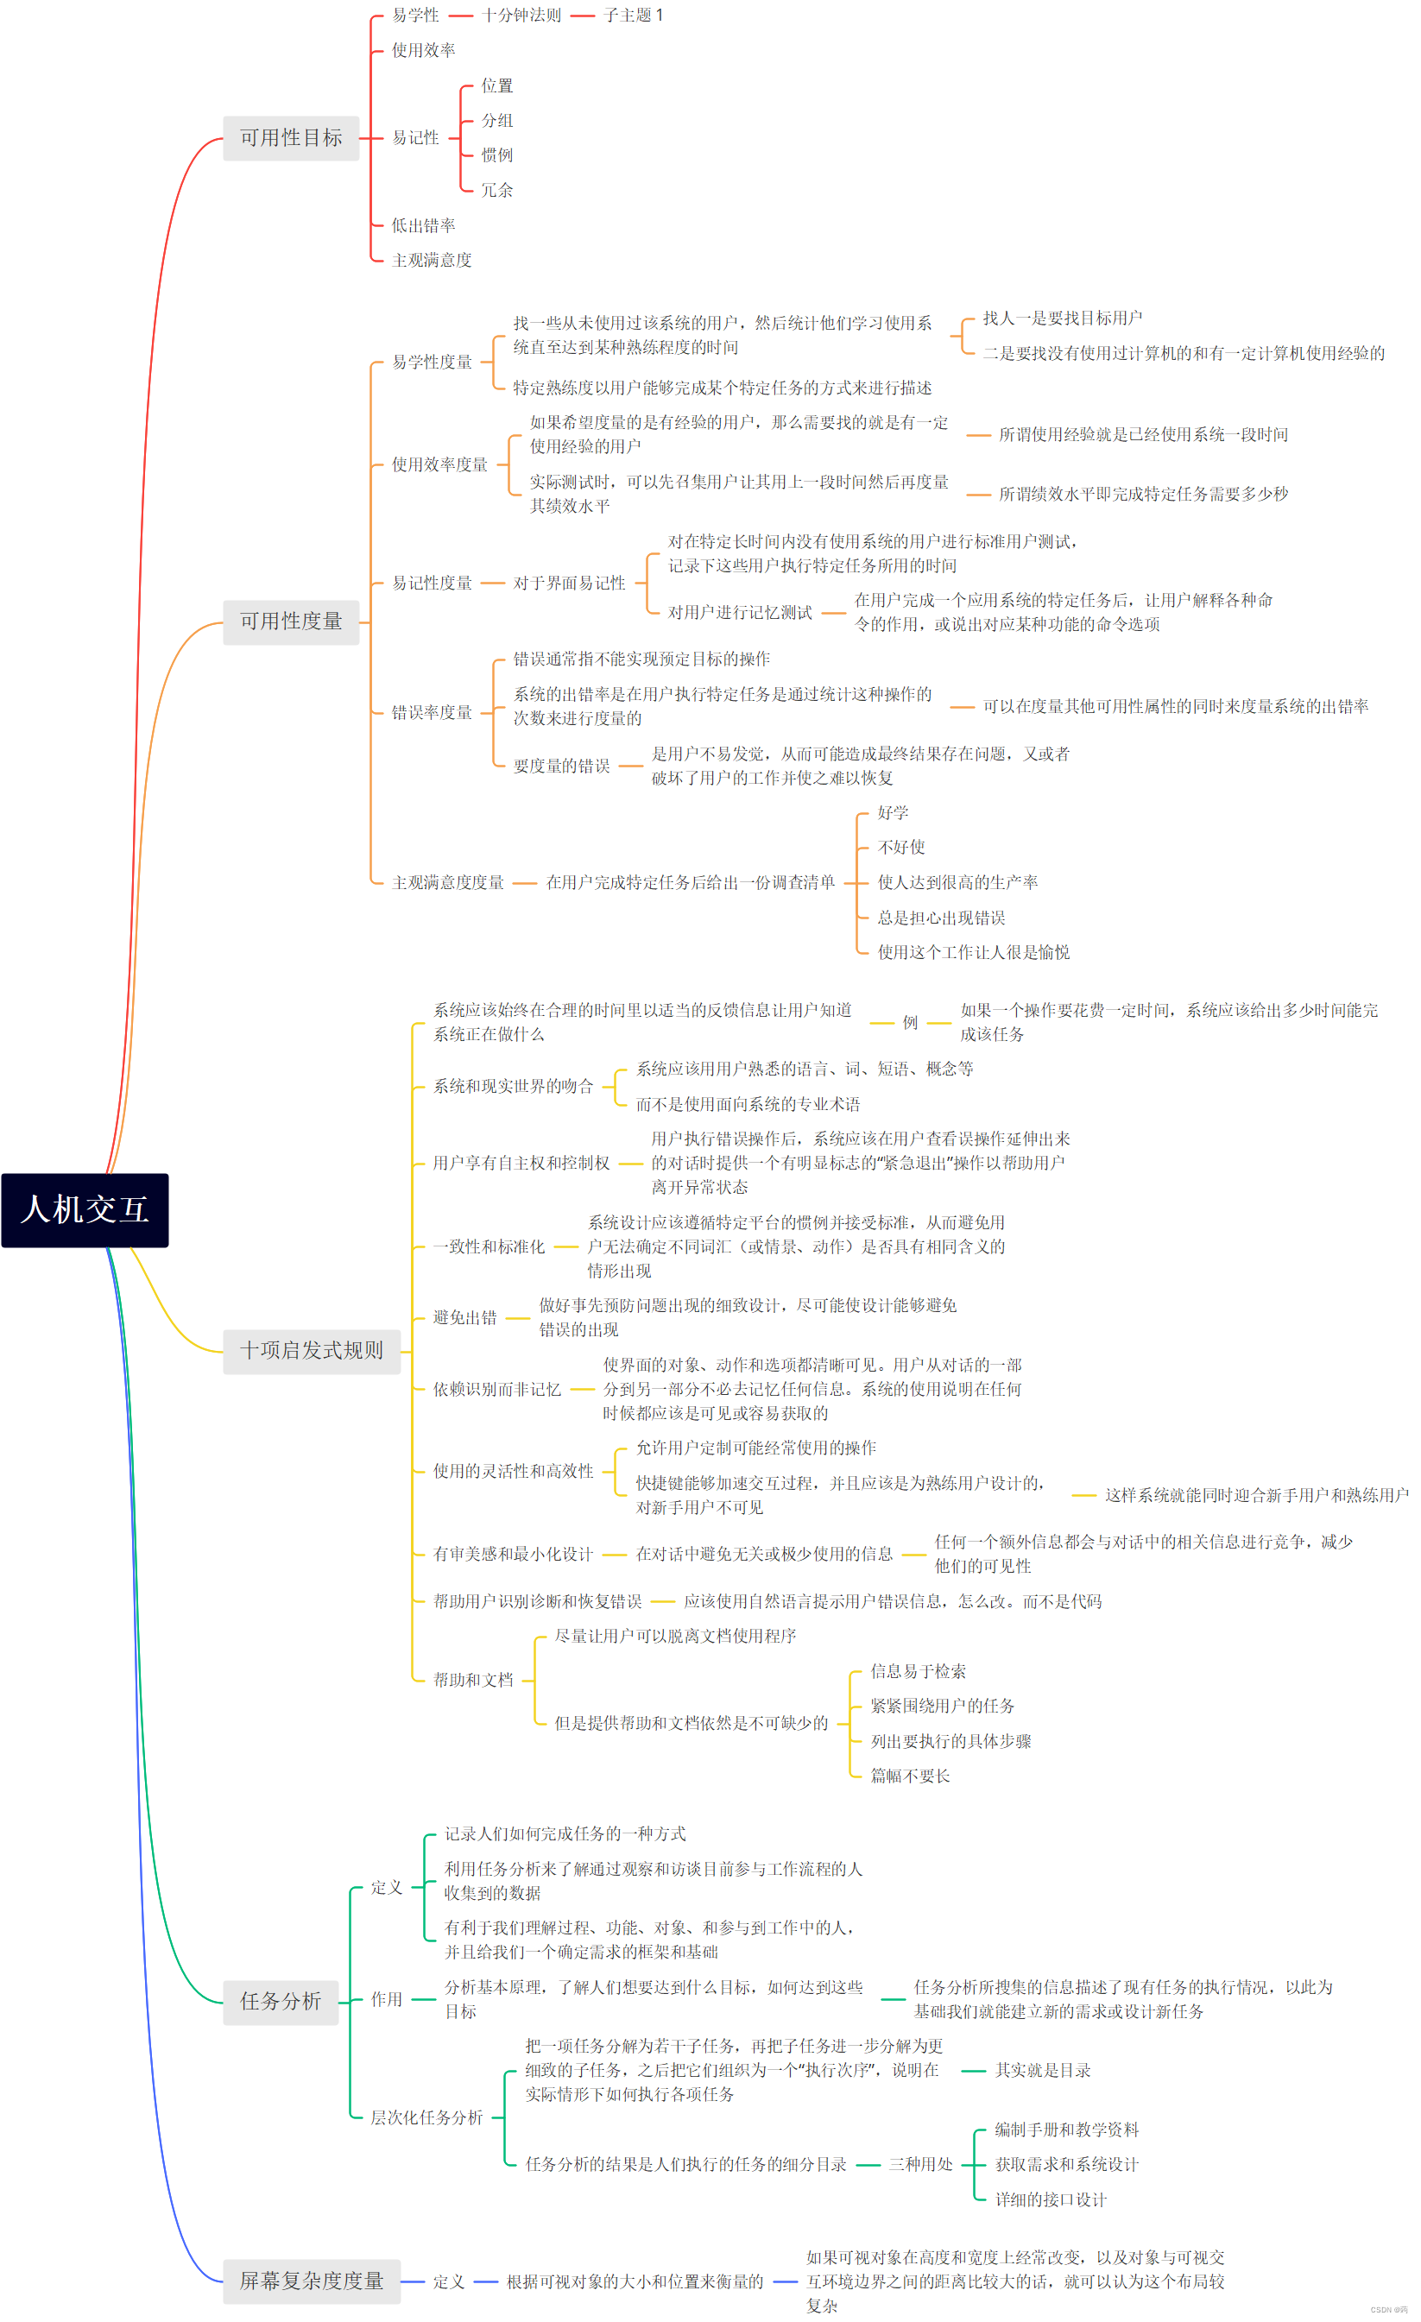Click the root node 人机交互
pos(85,1210)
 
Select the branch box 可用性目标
pos(290,138)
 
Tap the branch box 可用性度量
pos(290,622)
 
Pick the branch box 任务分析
pos(280,2002)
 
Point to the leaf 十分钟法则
pos(521,15)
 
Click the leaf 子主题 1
pos(633,15)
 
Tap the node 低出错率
pos(423,225)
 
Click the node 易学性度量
pos(432,362)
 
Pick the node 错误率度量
pos(432,712)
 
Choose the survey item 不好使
pos(900,847)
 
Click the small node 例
pos(909,1023)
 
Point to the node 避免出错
pos(464,1317)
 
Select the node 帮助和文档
pos(473,1681)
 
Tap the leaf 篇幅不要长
pos(909,1776)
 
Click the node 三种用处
pos(919,2165)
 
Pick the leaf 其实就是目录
pos(1042,2071)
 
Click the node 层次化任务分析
pos(426,2117)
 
